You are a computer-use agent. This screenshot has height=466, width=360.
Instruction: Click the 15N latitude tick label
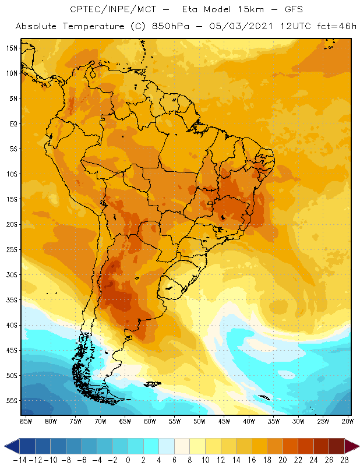[12, 48]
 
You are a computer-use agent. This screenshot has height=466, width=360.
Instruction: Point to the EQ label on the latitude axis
[13, 123]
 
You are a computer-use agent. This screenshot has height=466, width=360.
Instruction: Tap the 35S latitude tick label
[12, 300]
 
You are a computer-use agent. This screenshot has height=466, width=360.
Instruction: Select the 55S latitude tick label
[12, 401]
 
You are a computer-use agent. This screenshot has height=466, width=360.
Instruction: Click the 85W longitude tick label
[26, 421]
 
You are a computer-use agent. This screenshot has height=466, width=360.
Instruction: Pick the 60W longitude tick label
[150, 421]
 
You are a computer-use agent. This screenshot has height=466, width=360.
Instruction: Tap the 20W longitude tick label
[348, 421]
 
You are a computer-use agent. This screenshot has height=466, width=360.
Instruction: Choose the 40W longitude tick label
[249, 421]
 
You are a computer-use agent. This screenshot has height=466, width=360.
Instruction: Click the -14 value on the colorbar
[19, 459]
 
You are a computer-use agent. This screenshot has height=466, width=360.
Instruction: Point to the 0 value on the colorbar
[128, 459]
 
